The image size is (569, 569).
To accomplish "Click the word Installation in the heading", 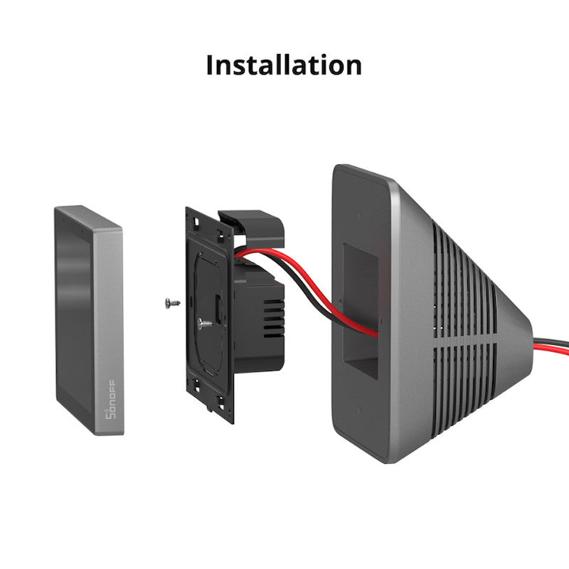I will pyautogui.click(x=284, y=65).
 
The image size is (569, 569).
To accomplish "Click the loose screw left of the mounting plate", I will pyautogui.click(x=170, y=302).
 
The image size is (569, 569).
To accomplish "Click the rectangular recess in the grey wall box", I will pyautogui.click(x=361, y=313).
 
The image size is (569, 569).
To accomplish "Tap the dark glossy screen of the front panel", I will pyautogui.click(x=75, y=313).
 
